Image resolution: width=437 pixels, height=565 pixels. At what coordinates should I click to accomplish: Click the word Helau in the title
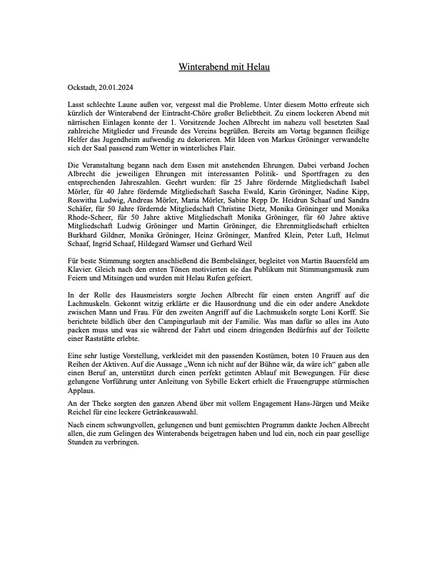tap(256, 68)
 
